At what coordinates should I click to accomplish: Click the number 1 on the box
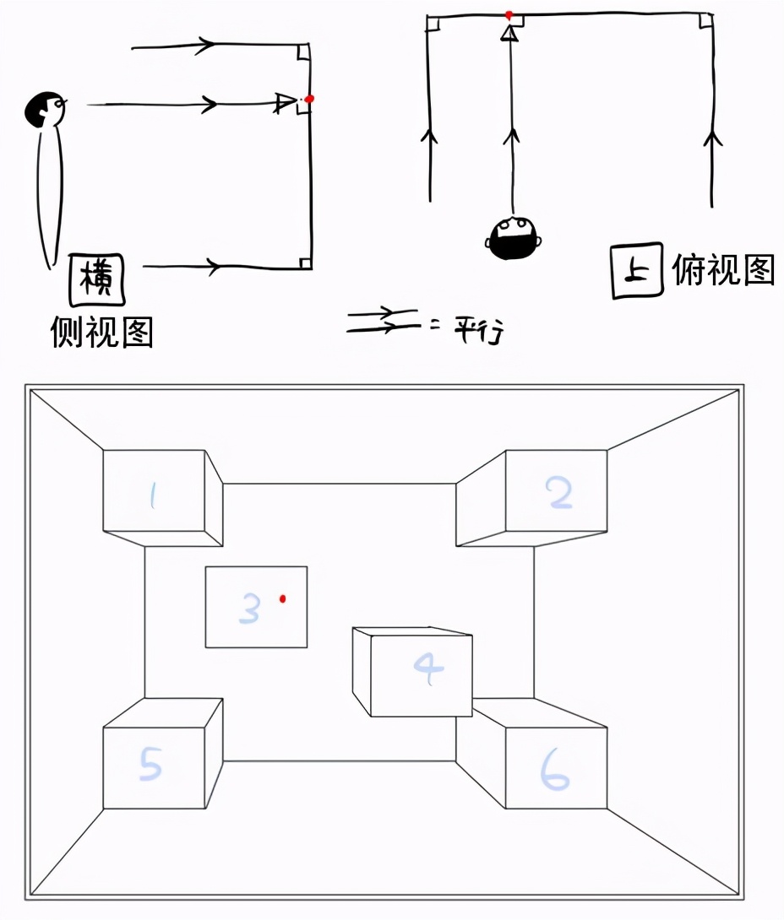click(x=153, y=496)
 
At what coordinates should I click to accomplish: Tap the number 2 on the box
click(x=560, y=493)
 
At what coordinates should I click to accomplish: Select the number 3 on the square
click(x=249, y=608)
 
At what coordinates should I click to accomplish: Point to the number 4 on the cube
click(x=428, y=669)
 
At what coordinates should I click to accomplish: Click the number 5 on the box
click(x=150, y=765)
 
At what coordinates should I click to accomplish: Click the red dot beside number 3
click(x=283, y=598)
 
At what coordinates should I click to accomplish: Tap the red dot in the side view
click(x=310, y=99)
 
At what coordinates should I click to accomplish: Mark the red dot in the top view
click(x=509, y=15)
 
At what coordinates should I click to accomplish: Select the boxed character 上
click(x=637, y=273)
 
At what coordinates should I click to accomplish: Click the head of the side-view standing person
click(x=44, y=109)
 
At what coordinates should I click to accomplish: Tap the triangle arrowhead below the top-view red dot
click(x=509, y=33)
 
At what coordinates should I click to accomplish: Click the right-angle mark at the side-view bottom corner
click(x=305, y=262)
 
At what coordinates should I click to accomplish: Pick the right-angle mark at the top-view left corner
click(x=433, y=23)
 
